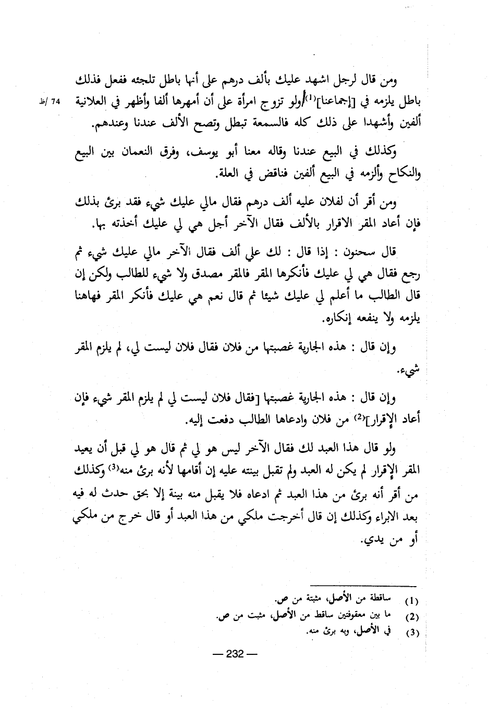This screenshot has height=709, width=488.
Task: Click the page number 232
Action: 235,654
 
